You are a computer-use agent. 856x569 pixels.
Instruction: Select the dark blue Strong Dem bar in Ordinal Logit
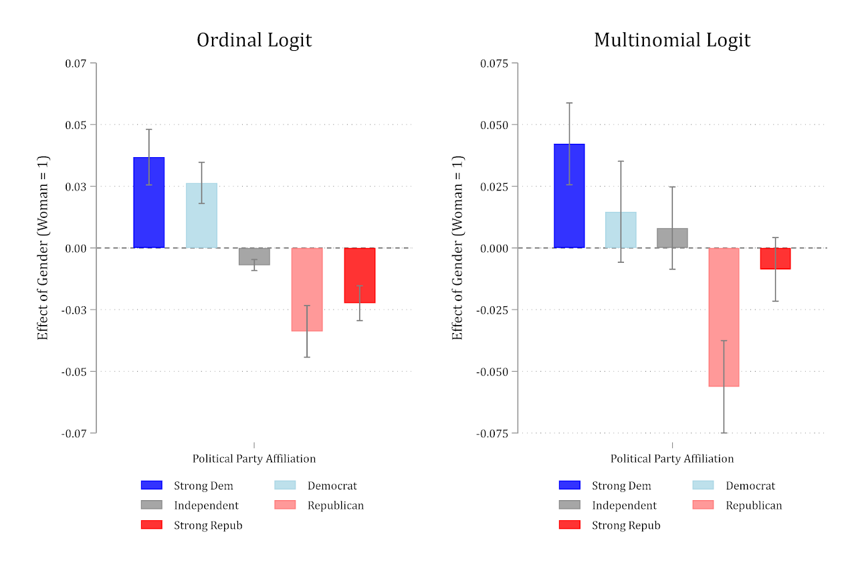point(149,203)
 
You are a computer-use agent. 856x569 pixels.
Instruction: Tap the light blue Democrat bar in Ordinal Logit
point(201,215)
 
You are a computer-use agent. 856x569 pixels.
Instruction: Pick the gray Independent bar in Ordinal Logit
point(255,256)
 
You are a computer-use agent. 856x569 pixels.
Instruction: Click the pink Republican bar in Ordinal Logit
point(307,290)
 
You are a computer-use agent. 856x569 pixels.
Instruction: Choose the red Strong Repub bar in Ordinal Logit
point(360,275)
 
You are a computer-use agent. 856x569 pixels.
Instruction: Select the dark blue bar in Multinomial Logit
point(569,196)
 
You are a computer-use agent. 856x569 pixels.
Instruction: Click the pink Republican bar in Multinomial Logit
point(724,317)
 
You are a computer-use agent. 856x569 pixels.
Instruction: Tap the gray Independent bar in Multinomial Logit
point(672,238)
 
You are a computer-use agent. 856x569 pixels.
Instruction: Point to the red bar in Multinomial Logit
point(775,259)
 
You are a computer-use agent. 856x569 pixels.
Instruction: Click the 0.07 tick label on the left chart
point(76,64)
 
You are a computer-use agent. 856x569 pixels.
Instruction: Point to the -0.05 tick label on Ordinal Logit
point(74,372)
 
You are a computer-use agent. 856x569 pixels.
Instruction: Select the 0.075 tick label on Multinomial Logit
point(494,64)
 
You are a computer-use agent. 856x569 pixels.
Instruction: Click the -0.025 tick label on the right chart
point(492,310)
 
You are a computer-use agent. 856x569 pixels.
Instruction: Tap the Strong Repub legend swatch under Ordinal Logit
point(152,525)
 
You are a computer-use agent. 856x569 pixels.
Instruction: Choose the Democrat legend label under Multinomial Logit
point(750,485)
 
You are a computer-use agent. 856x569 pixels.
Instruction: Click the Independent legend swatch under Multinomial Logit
point(569,505)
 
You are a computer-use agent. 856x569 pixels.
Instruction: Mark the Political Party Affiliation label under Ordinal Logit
point(254,459)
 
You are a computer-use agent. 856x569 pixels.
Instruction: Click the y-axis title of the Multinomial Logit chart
point(457,247)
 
